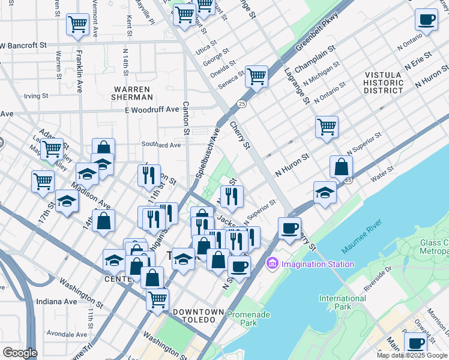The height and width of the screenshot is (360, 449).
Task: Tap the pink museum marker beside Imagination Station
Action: [x=272, y=263]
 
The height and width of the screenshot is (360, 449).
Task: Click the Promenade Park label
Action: [x=249, y=319]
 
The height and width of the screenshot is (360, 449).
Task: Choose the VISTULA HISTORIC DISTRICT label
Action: [x=384, y=83]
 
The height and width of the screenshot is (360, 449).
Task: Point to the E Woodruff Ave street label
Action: [x=152, y=110]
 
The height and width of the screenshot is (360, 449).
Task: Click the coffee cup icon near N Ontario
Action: [x=426, y=19]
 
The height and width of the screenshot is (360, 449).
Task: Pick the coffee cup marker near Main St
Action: [x=415, y=343]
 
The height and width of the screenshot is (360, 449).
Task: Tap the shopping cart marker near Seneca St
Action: [x=256, y=76]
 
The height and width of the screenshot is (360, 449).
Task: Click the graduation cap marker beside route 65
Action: [x=325, y=193]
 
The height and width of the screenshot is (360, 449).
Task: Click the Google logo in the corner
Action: [x=20, y=353]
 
